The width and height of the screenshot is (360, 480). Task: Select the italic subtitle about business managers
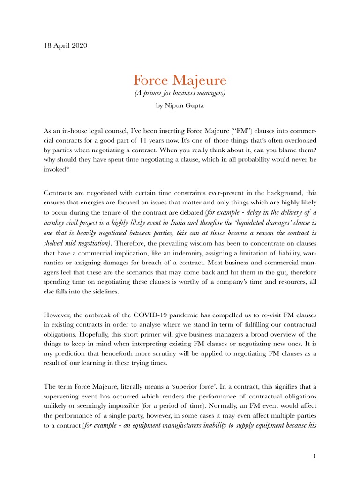tap(180, 93)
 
